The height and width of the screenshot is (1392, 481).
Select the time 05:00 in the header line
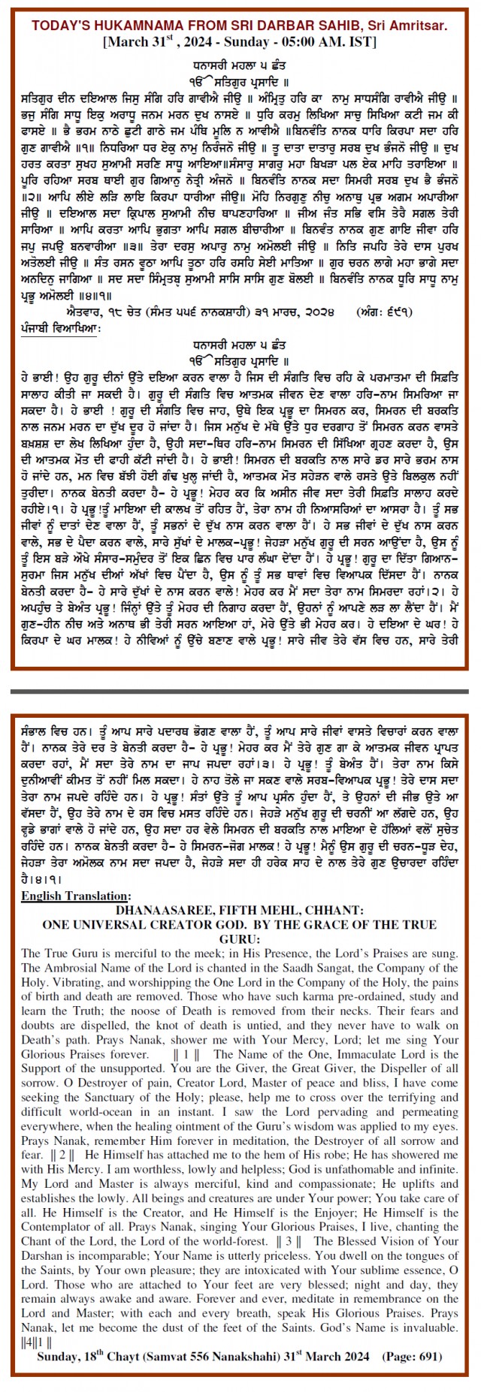coord(304,42)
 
